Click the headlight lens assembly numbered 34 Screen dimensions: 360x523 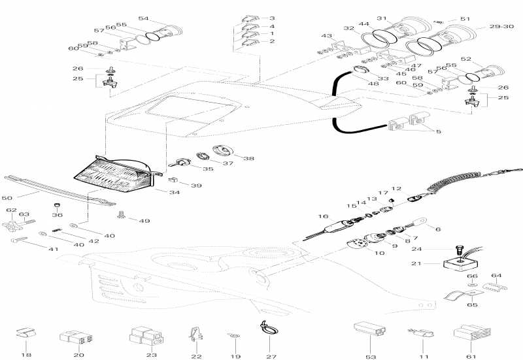coord(118,172)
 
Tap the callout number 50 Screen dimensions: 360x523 coord(8,197)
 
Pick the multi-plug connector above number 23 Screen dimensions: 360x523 coord(144,336)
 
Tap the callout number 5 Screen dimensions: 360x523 coord(438,131)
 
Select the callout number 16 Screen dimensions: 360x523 coord(323,216)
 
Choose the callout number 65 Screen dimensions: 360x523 coord(472,305)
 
